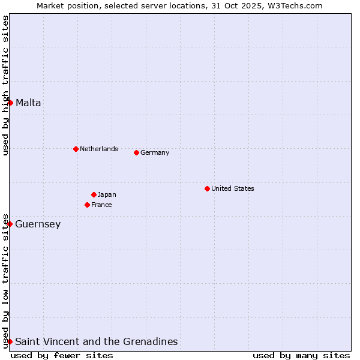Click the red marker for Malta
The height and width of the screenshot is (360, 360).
[x=10, y=103]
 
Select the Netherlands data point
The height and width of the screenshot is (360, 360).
[x=76, y=149]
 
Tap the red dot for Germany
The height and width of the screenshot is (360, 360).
[x=136, y=152]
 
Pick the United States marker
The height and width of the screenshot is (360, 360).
[x=207, y=188]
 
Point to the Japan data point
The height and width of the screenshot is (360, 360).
[x=94, y=194]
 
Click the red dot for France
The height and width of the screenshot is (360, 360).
[x=87, y=205]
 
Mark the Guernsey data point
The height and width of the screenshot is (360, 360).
[x=10, y=224]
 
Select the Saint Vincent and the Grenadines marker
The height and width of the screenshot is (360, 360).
[x=10, y=341]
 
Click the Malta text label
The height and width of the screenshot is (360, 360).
[x=28, y=103]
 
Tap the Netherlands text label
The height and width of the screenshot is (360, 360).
[x=99, y=149]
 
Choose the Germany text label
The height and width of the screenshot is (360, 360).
[x=155, y=152]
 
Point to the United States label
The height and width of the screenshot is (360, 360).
[x=233, y=188]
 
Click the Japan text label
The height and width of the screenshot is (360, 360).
[x=107, y=194]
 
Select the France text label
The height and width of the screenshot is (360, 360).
[x=101, y=205]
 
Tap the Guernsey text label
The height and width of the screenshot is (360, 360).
[x=38, y=224]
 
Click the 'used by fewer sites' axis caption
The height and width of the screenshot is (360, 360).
[x=62, y=355]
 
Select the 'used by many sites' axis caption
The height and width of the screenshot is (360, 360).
[x=301, y=355]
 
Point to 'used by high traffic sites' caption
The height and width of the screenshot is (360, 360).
[x=5, y=85]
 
